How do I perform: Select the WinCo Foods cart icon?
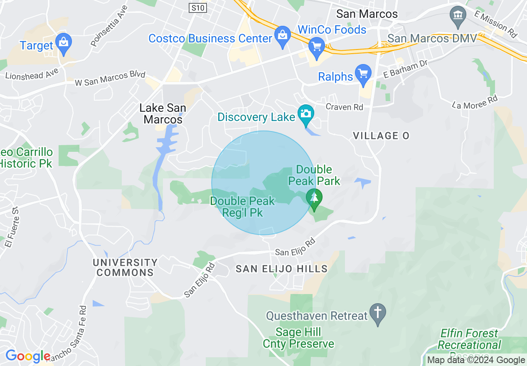[317, 47]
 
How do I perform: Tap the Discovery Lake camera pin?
[305, 114]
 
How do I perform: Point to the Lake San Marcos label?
[163, 114]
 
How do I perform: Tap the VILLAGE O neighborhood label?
[381, 136]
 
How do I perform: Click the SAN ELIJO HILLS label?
[281, 269]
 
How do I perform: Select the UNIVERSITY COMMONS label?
[125, 267]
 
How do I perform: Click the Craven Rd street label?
[344, 107]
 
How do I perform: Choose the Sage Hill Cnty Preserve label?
[298, 338]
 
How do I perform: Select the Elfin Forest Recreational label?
[469, 339]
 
